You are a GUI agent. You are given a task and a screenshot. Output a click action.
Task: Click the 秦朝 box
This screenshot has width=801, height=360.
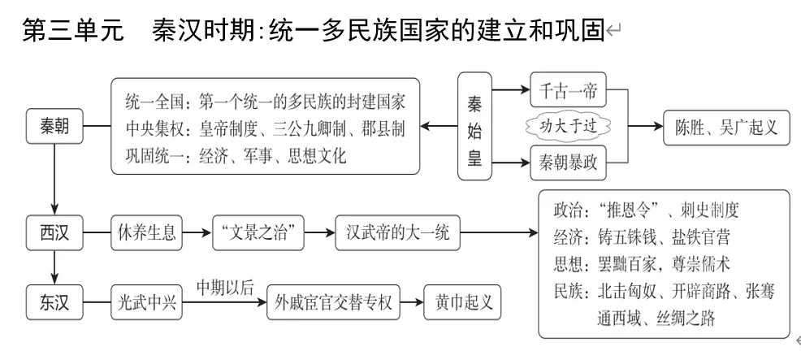pos(54,126)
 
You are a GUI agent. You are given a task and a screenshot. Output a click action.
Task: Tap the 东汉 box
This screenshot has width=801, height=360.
pos(54,300)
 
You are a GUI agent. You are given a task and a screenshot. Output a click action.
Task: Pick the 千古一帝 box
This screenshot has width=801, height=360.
pos(568,93)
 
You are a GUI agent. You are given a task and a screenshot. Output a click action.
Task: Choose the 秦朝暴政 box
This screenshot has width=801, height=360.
pos(568,160)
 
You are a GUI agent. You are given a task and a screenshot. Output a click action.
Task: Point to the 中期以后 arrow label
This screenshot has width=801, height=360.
pos(224,285)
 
